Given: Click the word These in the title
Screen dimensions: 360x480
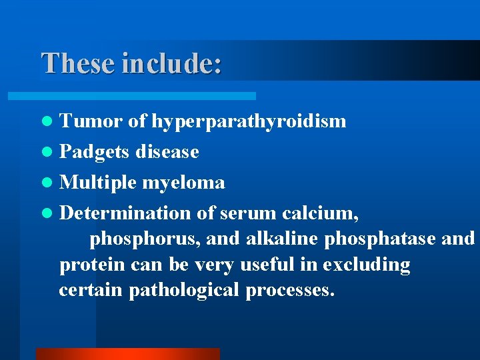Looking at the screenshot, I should coord(79,63).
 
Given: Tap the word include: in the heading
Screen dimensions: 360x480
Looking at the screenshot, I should coord(172,63).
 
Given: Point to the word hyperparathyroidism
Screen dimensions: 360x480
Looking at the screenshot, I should coord(249,121).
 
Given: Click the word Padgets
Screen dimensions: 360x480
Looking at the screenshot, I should coord(95,152).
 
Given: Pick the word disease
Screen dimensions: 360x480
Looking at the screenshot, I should coord(167,152).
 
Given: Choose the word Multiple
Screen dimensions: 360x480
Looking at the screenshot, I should coord(98,183).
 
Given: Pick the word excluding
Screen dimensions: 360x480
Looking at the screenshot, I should coord(367,265).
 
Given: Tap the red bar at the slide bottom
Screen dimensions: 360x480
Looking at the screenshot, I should coord(127,354).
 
